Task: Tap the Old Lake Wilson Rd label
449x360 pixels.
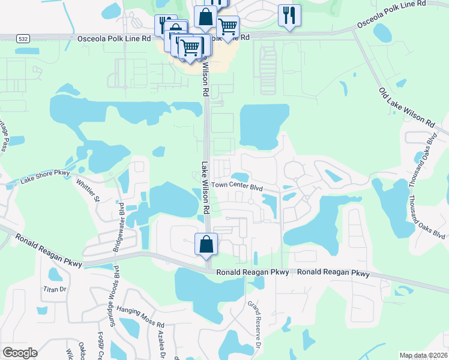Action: click(406, 107)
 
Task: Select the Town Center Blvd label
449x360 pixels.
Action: click(237, 187)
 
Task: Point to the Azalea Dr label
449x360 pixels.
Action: click(160, 344)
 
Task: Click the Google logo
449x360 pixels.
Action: click(20, 353)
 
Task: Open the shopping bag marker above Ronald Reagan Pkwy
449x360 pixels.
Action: click(206, 244)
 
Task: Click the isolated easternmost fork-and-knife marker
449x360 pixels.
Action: click(289, 16)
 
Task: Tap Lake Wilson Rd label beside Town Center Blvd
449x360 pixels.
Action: click(205, 187)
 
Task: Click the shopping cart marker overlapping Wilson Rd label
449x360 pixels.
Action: click(190, 47)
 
